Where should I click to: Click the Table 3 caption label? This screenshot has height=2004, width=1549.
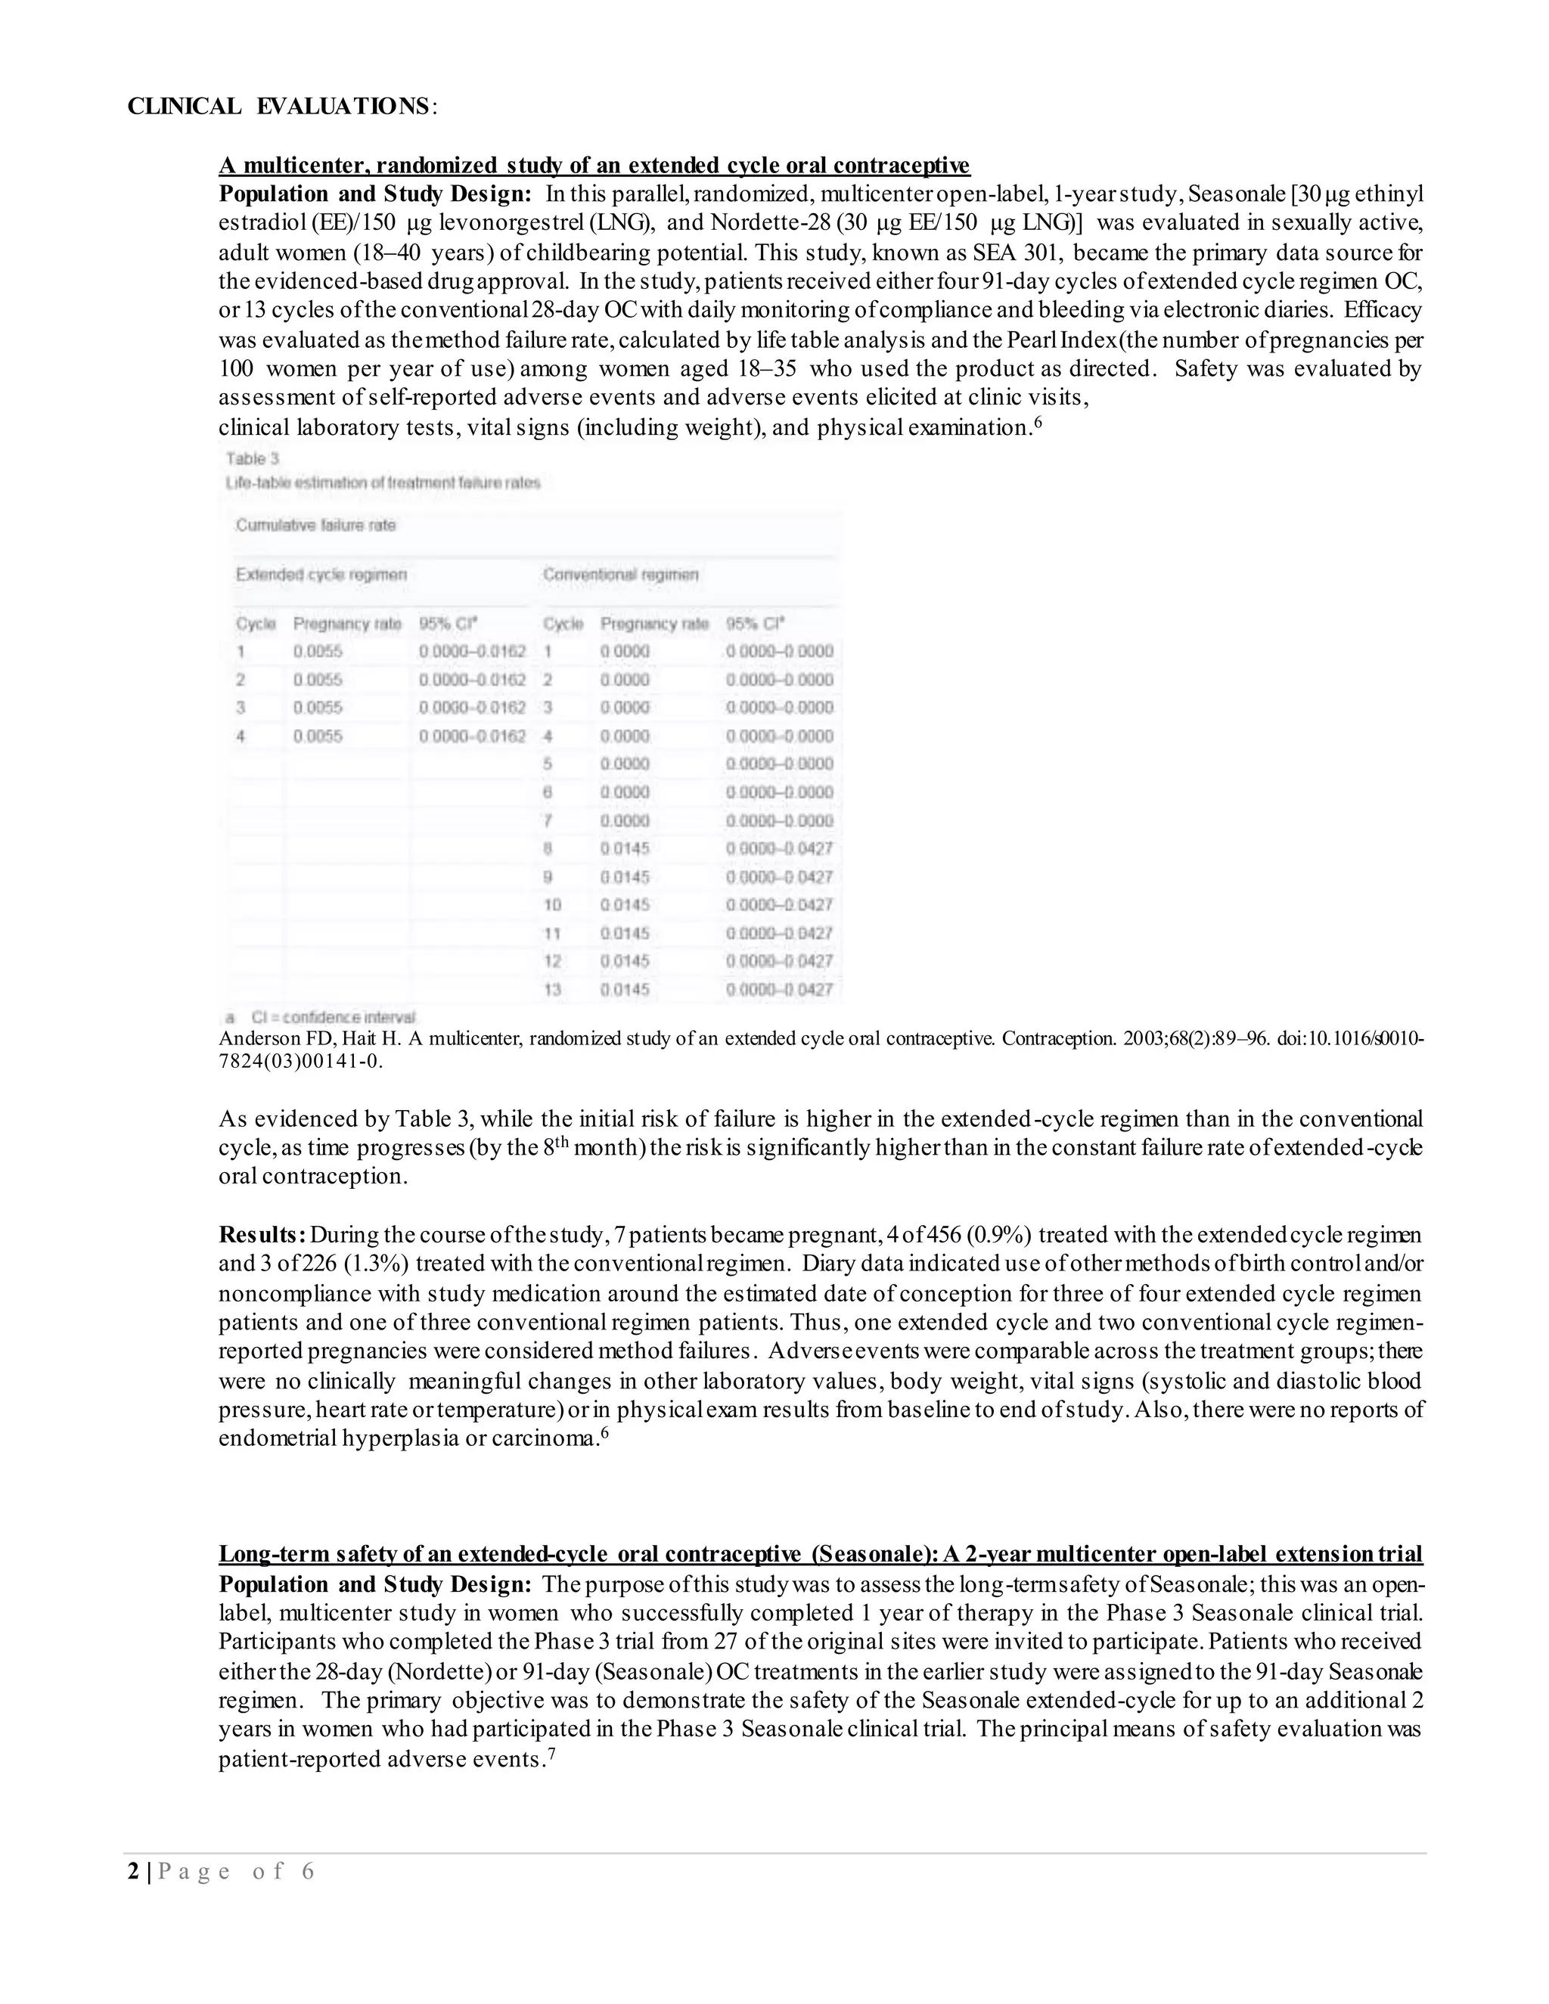pyautogui.click(x=253, y=459)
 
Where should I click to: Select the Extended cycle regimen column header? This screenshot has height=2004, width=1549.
pyautogui.click(x=321, y=575)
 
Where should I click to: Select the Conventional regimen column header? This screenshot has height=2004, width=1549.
pyautogui.click(x=620, y=575)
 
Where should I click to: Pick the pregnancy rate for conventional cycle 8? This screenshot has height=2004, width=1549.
pyautogui.click(x=625, y=848)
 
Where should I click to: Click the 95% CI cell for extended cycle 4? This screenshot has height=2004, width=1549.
pyautogui.click(x=472, y=736)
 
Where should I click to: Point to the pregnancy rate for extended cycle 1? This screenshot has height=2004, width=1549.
pyautogui.click(x=318, y=651)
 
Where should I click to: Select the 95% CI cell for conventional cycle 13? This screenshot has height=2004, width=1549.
pyautogui.click(x=779, y=989)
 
